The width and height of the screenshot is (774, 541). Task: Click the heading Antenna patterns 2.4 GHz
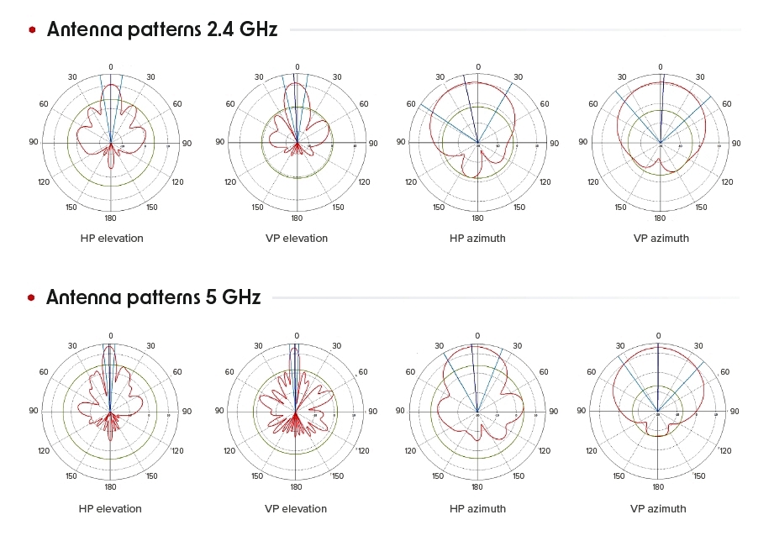(x=162, y=29)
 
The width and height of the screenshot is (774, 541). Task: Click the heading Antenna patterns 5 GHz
(x=154, y=297)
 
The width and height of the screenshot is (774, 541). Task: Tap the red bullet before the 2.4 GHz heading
(x=32, y=29)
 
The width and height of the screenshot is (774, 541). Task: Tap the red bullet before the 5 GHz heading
(x=32, y=297)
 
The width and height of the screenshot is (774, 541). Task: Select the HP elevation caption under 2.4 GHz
(x=112, y=239)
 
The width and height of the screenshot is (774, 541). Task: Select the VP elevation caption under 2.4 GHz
(x=296, y=239)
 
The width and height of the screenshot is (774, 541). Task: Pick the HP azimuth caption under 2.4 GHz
(x=477, y=239)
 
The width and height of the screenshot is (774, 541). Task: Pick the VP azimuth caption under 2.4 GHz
(x=661, y=239)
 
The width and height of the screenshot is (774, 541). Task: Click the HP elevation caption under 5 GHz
(x=110, y=509)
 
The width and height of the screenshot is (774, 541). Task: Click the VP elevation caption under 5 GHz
(x=295, y=509)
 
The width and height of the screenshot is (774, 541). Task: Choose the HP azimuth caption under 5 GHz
(x=477, y=509)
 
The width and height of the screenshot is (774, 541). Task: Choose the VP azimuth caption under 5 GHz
(x=658, y=509)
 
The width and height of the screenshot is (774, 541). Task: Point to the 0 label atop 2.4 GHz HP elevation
(x=110, y=67)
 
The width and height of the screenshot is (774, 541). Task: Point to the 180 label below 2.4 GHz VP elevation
(x=296, y=218)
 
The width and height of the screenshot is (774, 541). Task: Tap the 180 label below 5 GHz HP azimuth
(x=477, y=487)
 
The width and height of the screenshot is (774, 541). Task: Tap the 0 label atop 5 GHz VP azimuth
(x=658, y=336)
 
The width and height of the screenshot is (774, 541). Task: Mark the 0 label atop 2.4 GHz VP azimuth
(x=660, y=67)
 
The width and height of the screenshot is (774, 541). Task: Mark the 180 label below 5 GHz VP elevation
(x=296, y=487)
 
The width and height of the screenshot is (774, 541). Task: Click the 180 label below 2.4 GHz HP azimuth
(x=478, y=218)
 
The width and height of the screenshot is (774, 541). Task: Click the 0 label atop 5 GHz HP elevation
(x=110, y=336)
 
